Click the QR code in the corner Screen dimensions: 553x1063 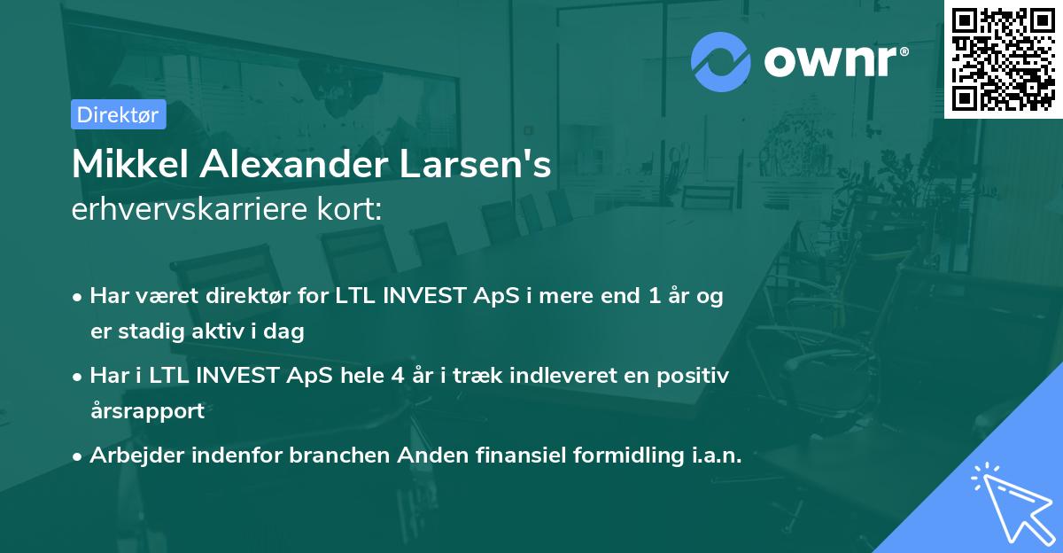coord(1004,58)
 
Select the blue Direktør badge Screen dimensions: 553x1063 coord(119,114)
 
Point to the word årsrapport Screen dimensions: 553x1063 coord(147,411)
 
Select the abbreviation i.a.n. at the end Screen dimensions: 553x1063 coord(711,456)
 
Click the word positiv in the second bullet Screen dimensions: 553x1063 coord(696,376)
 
